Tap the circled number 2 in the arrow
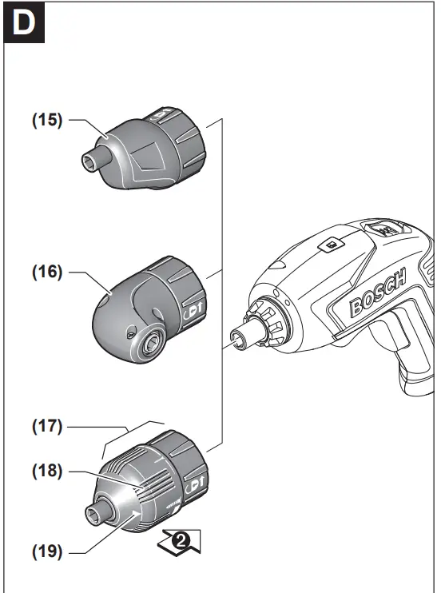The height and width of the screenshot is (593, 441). click(182, 541)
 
